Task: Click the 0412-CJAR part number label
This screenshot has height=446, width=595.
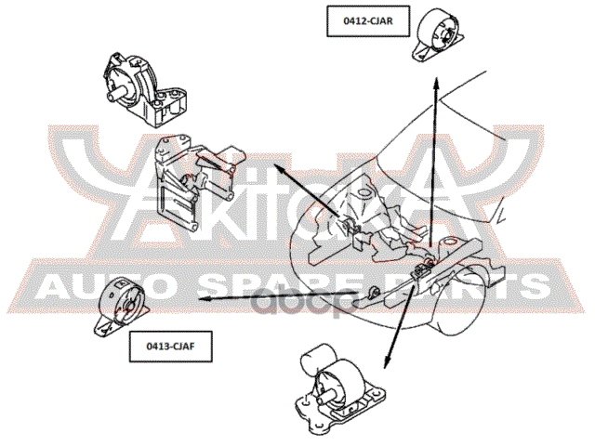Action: [x=367, y=20]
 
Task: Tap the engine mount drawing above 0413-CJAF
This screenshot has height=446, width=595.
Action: [x=122, y=306]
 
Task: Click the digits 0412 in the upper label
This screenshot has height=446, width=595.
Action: [x=354, y=20]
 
